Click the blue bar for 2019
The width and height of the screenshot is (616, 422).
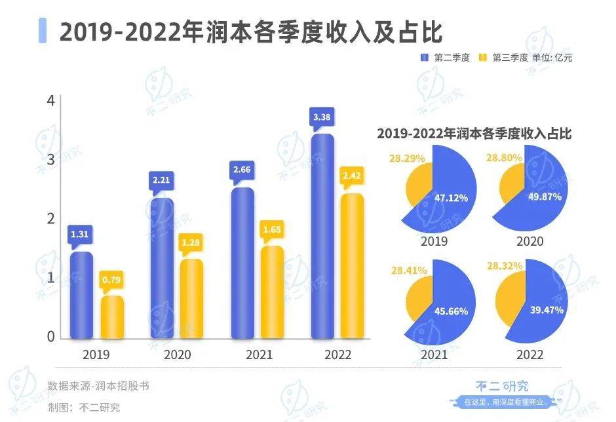point(81,295)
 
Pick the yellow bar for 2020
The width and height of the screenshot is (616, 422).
point(191,299)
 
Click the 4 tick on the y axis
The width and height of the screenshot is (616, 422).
point(50,100)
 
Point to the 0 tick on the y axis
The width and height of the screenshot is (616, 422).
point(50,337)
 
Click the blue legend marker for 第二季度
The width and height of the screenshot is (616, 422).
point(425,58)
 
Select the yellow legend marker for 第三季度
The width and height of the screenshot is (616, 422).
point(483,58)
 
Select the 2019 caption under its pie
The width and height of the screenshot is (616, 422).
point(434,241)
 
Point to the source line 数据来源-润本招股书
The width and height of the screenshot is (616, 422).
point(99,385)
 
